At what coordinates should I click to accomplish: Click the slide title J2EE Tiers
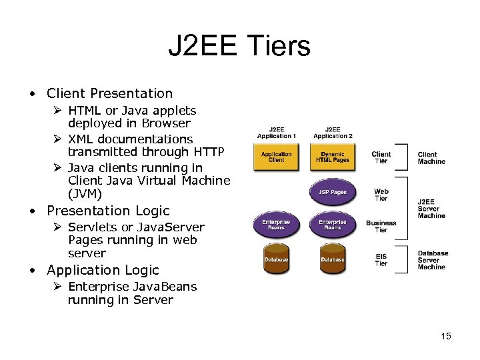239,46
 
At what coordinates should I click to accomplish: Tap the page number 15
445,336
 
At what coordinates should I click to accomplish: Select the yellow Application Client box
276,157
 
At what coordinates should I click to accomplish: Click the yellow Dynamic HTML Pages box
332,157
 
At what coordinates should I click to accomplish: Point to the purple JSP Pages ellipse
332,192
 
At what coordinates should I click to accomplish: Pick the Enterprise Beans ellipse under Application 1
276,225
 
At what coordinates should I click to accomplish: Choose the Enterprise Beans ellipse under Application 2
332,225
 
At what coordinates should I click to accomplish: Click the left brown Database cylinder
276,259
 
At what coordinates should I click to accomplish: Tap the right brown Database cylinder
332,259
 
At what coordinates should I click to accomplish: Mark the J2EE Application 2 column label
332,133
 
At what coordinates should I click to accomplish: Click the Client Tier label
381,157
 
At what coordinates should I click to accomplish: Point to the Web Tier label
381,195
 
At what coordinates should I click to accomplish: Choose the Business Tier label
381,226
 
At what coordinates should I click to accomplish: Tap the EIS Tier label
381,259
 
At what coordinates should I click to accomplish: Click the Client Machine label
431,158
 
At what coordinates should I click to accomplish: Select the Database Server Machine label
433,260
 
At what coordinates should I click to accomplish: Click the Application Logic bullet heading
103,270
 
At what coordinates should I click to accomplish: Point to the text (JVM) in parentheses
85,194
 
